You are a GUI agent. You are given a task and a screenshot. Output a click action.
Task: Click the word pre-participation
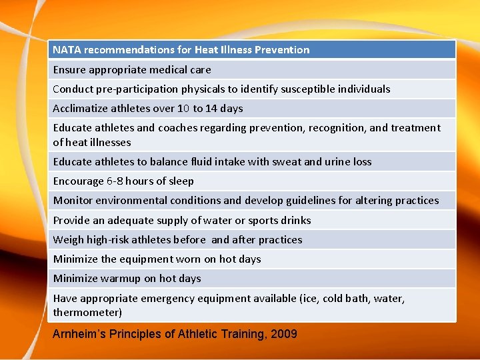tap(136, 89)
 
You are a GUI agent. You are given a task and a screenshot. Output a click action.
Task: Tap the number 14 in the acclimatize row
tap(213, 108)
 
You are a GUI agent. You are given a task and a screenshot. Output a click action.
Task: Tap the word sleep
tap(180, 181)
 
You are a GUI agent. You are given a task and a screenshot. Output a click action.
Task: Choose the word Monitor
tap(73, 200)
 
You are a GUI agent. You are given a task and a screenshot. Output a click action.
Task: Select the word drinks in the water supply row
tap(295, 220)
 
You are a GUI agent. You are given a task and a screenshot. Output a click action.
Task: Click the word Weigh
tap(69, 239)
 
